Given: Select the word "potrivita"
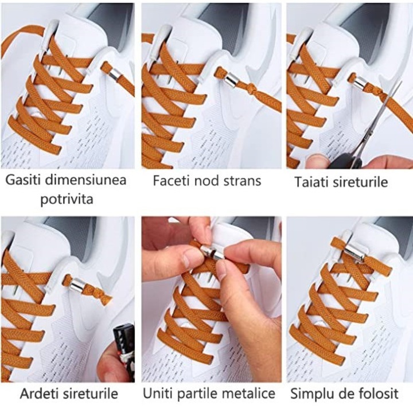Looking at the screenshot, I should point(67,200).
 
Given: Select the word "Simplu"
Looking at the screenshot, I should point(309,394).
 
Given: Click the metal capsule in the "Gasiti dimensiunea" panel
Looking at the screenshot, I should point(114,73).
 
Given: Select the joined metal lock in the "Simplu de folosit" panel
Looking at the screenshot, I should point(354,251).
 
